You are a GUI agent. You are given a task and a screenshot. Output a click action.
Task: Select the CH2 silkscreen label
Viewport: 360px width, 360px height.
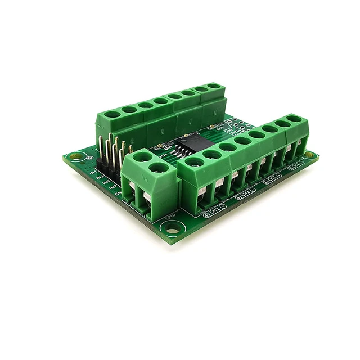pos(245,194)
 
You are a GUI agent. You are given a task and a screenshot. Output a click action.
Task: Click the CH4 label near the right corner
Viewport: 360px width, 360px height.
pos(296,165)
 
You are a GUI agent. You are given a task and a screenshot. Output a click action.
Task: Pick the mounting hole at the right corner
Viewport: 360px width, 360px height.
pos(310,154)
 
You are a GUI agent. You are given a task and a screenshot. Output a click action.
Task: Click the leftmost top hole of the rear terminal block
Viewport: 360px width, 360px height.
pos(112,114)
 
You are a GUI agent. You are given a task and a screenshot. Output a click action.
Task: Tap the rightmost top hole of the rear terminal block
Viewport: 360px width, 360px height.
pos(213,86)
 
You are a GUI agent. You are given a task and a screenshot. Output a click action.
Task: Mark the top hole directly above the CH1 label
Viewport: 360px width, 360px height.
pos(195,163)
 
